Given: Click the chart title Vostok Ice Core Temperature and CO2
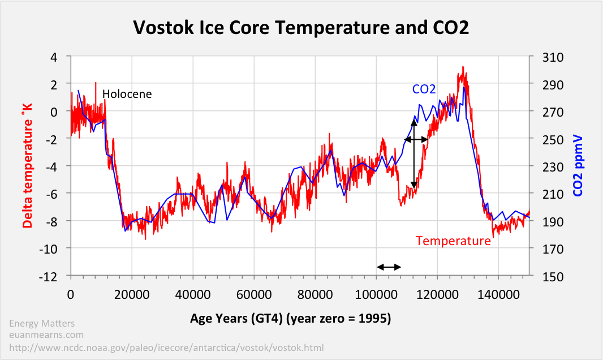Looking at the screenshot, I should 301,27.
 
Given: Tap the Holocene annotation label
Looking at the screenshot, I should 127,94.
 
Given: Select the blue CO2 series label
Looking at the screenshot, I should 424,89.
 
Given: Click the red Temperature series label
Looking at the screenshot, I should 453,241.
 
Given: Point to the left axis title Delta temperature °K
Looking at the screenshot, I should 27,165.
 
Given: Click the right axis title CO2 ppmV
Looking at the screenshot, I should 578,165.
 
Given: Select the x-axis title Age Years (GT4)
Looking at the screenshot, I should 290,319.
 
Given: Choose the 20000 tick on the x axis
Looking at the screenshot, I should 131,295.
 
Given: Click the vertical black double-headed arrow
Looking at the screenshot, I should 414,153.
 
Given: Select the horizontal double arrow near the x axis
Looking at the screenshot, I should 389,267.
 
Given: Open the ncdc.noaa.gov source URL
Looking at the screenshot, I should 167,347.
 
